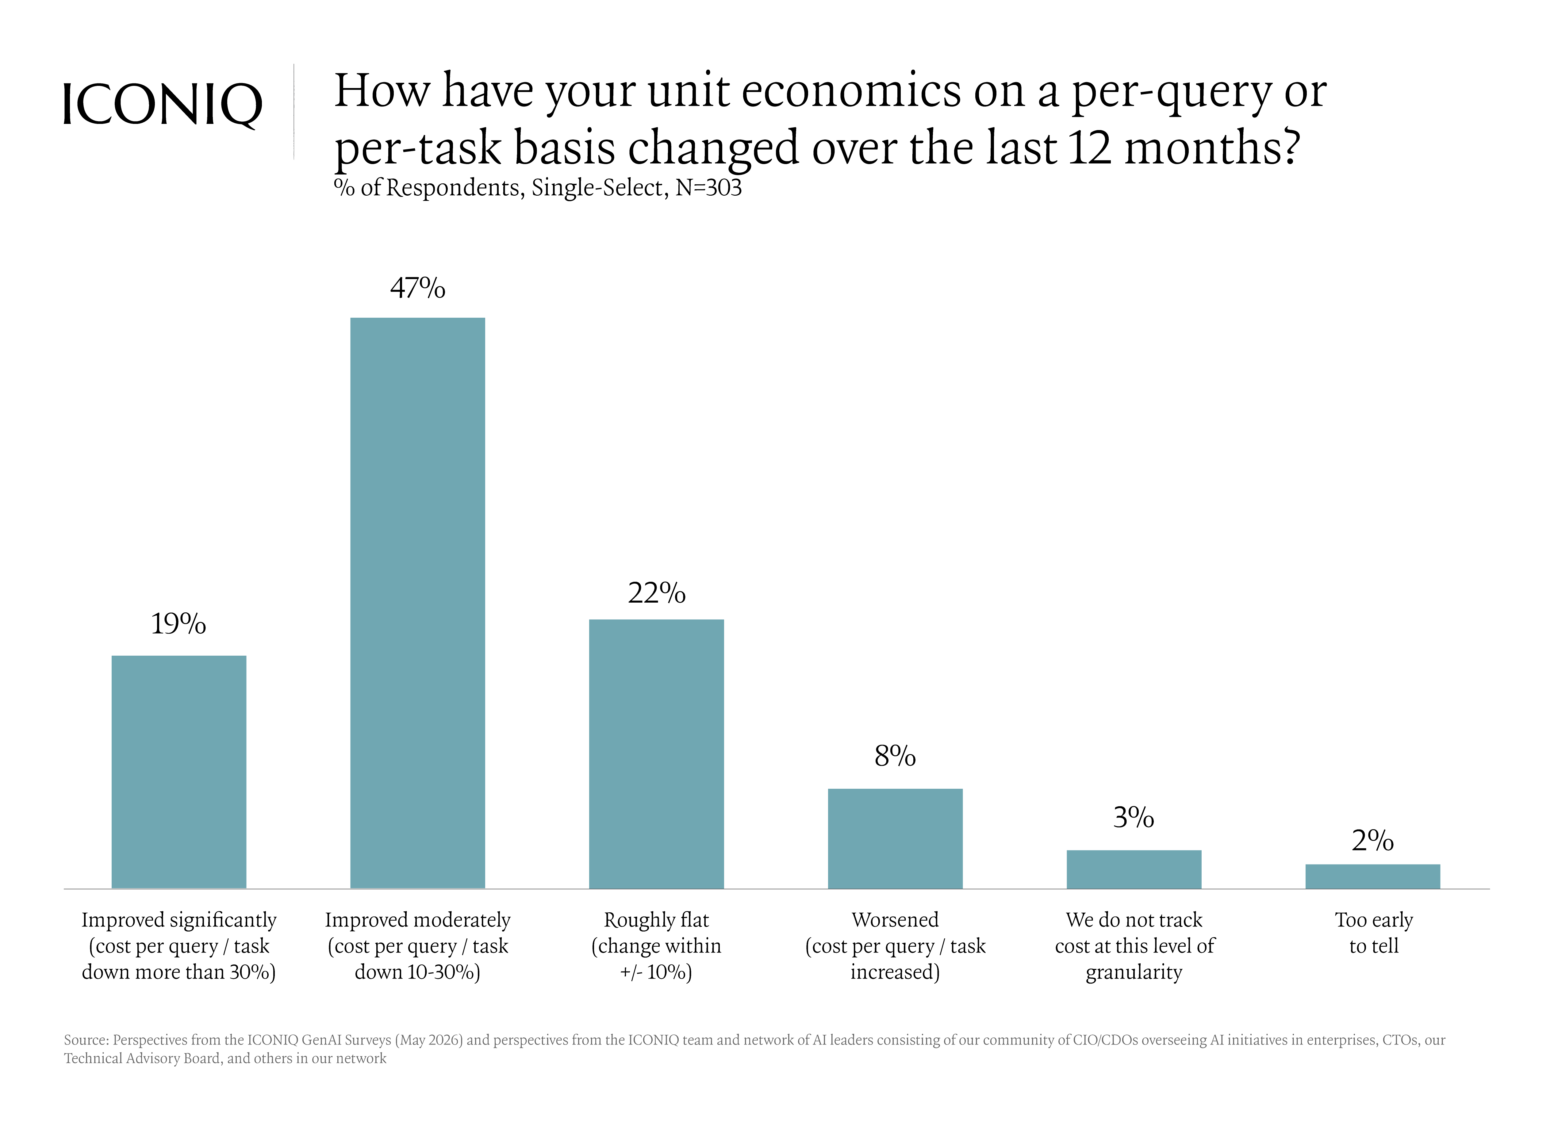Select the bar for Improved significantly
click(x=179, y=772)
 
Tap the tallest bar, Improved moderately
click(x=417, y=603)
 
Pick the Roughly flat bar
click(x=656, y=754)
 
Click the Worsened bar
click(x=895, y=838)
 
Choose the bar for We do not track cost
click(x=1134, y=869)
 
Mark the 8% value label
click(x=895, y=756)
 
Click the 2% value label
click(x=1372, y=841)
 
